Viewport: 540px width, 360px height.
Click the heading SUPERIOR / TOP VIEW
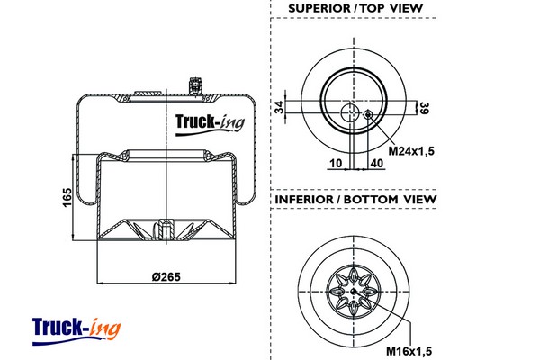(355, 9)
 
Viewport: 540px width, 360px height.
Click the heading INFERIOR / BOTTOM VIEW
(355, 199)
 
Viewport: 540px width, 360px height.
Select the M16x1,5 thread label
(410, 349)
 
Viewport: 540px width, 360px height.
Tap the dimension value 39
(422, 108)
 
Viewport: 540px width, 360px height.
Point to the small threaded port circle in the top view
(367, 114)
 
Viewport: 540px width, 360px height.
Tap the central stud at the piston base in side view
(163, 230)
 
